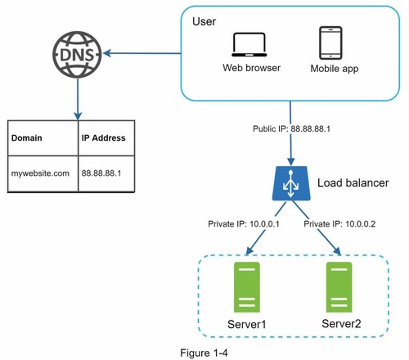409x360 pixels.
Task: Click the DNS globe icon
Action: (77, 54)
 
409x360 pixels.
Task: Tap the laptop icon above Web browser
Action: (249, 45)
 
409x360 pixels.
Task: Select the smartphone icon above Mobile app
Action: (330, 43)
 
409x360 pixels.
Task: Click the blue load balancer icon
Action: (291, 184)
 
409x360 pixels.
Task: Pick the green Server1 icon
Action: (247, 287)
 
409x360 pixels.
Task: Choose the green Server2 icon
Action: (339, 287)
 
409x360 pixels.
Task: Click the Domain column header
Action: (27, 138)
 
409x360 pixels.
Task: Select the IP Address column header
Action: (104, 138)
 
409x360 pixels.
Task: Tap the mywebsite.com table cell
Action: (40, 173)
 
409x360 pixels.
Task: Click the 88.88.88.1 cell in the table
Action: (101, 173)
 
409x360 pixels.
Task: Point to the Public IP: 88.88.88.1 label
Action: (291, 129)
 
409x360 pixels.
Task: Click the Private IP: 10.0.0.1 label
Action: (243, 224)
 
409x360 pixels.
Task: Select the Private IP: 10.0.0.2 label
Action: (339, 224)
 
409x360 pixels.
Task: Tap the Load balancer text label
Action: (353, 183)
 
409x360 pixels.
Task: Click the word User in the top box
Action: (204, 22)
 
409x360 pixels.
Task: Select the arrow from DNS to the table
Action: (78, 99)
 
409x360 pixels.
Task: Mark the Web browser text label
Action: (251, 68)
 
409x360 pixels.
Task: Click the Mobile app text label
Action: (334, 68)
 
